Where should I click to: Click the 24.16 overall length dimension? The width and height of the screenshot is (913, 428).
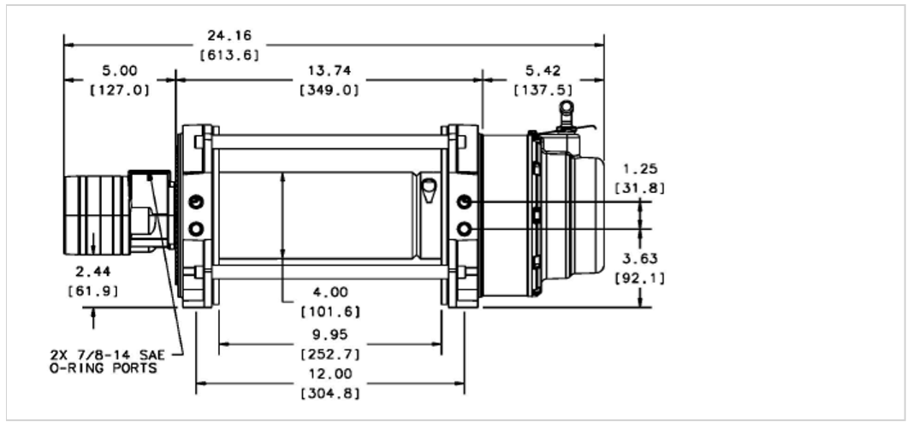[229, 36]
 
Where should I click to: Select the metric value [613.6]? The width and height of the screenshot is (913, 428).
[229, 56]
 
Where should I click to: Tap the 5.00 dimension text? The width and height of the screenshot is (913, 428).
[120, 71]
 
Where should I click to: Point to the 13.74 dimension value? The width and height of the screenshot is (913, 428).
[329, 71]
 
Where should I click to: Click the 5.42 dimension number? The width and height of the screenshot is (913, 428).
[543, 71]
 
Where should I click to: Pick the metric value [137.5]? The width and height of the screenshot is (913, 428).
[543, 91]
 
